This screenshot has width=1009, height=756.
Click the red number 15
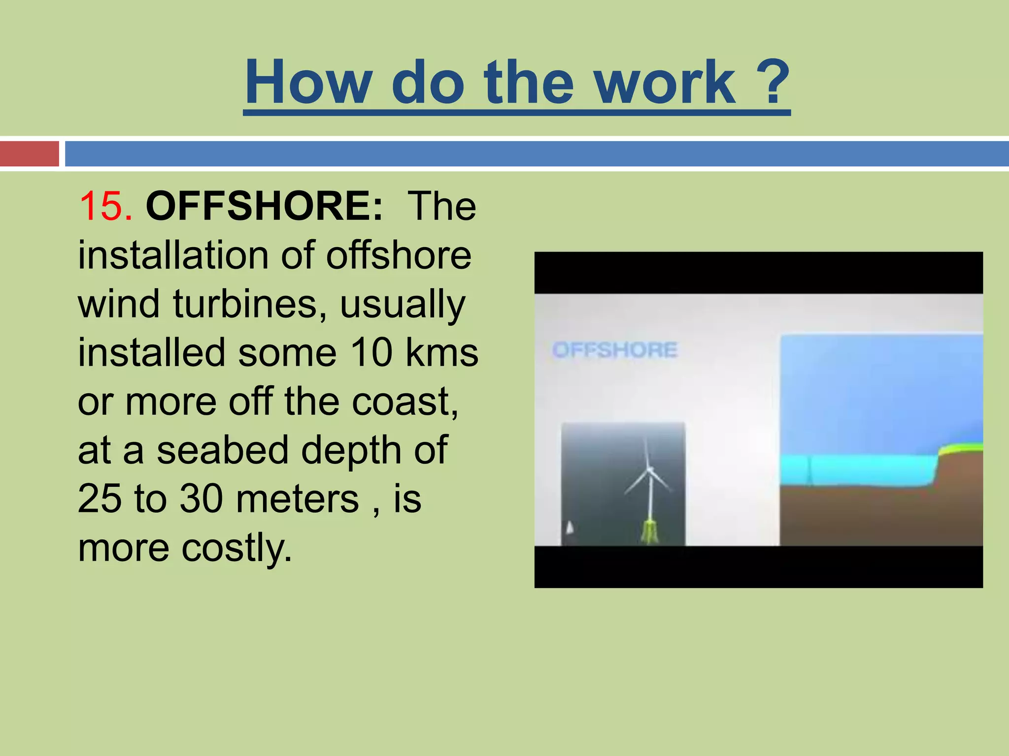105,206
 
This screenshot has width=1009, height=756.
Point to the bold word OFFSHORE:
264,206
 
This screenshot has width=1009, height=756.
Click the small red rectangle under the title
29,154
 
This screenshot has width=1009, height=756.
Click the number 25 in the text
100,499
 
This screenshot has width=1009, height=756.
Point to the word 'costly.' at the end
237,547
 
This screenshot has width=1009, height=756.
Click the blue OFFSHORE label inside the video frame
615,350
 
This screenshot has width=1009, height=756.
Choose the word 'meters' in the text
298,499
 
